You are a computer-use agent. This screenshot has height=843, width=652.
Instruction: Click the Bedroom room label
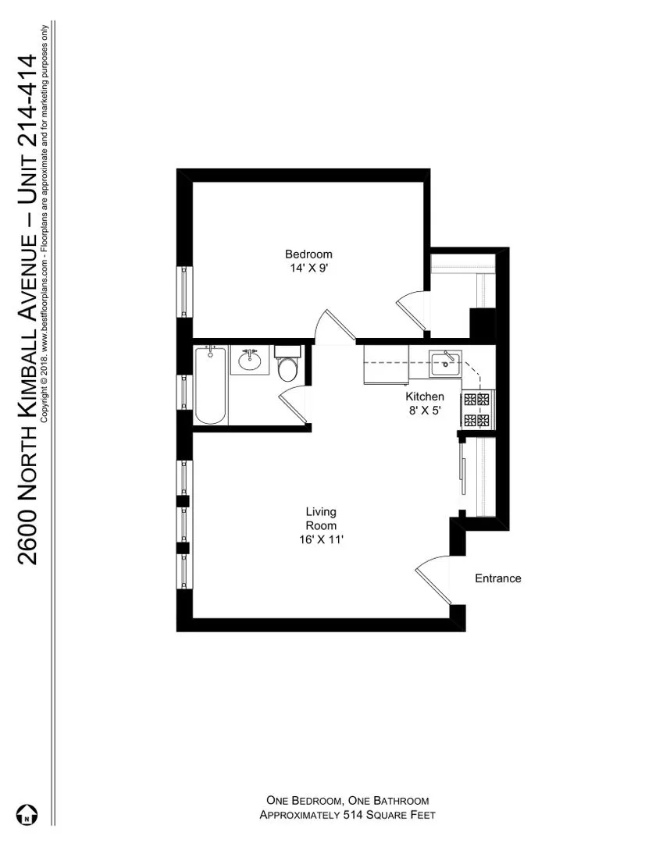pyautogui.click(x=308, y=254)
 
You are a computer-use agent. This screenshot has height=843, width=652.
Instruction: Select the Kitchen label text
pyautogui.click(x=424, y=397)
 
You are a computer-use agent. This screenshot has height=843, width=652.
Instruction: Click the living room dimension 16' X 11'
pyautogui.click(x=321, y=539)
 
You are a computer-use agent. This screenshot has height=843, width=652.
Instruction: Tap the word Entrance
pyautogui.click(x=497, y=578)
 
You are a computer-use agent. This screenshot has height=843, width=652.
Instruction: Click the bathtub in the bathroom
pyautogui.click(x=210, y=386)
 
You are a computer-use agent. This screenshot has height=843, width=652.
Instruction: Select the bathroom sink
pyautogui.click(x=250, y=361)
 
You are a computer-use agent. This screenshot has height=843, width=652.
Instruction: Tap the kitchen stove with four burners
pyautogui.click(x=477, y=411)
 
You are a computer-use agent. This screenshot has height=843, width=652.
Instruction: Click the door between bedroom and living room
pyautogui.click(x=333, y=326)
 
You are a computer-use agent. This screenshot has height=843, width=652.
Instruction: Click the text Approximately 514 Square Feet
pyautogui.click(x=347, y=815)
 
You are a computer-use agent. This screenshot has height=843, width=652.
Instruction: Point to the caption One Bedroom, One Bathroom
pyautogui.click(x=347, y=801)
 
